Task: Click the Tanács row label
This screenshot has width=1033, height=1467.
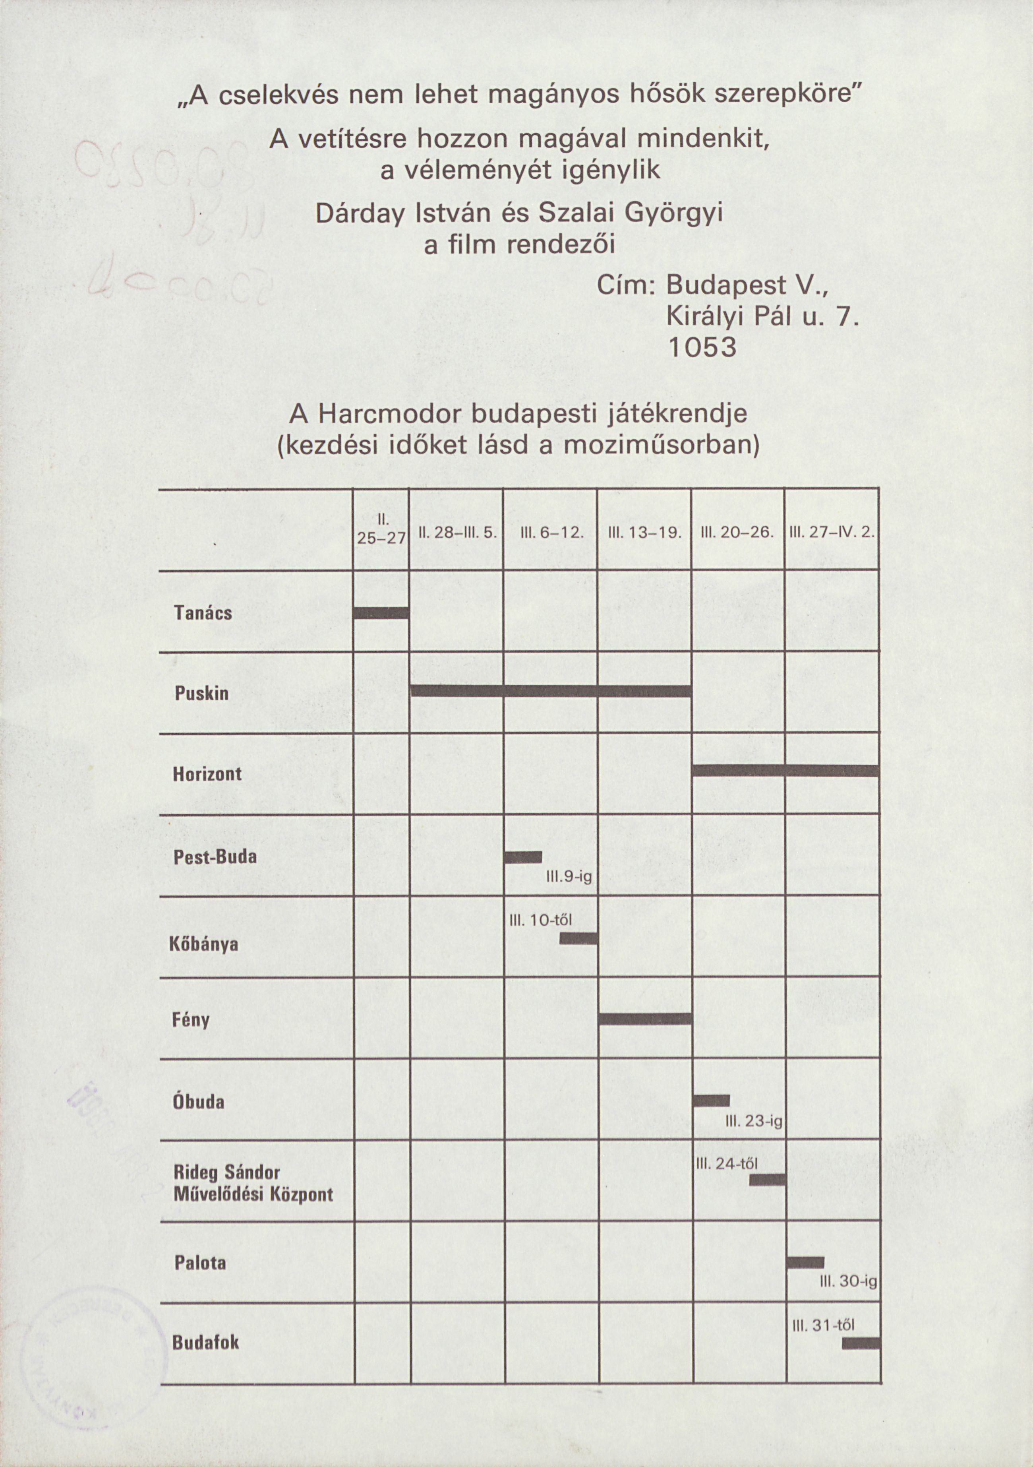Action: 203,613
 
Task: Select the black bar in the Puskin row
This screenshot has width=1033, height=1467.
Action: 551,691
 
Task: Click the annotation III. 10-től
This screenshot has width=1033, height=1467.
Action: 540,921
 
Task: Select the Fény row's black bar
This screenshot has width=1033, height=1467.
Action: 645,1018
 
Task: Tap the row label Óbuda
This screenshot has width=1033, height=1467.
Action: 199,1102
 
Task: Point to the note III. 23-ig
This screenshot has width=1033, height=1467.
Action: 754,1121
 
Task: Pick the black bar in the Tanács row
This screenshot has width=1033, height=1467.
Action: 381,613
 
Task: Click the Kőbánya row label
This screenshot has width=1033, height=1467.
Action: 204,944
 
